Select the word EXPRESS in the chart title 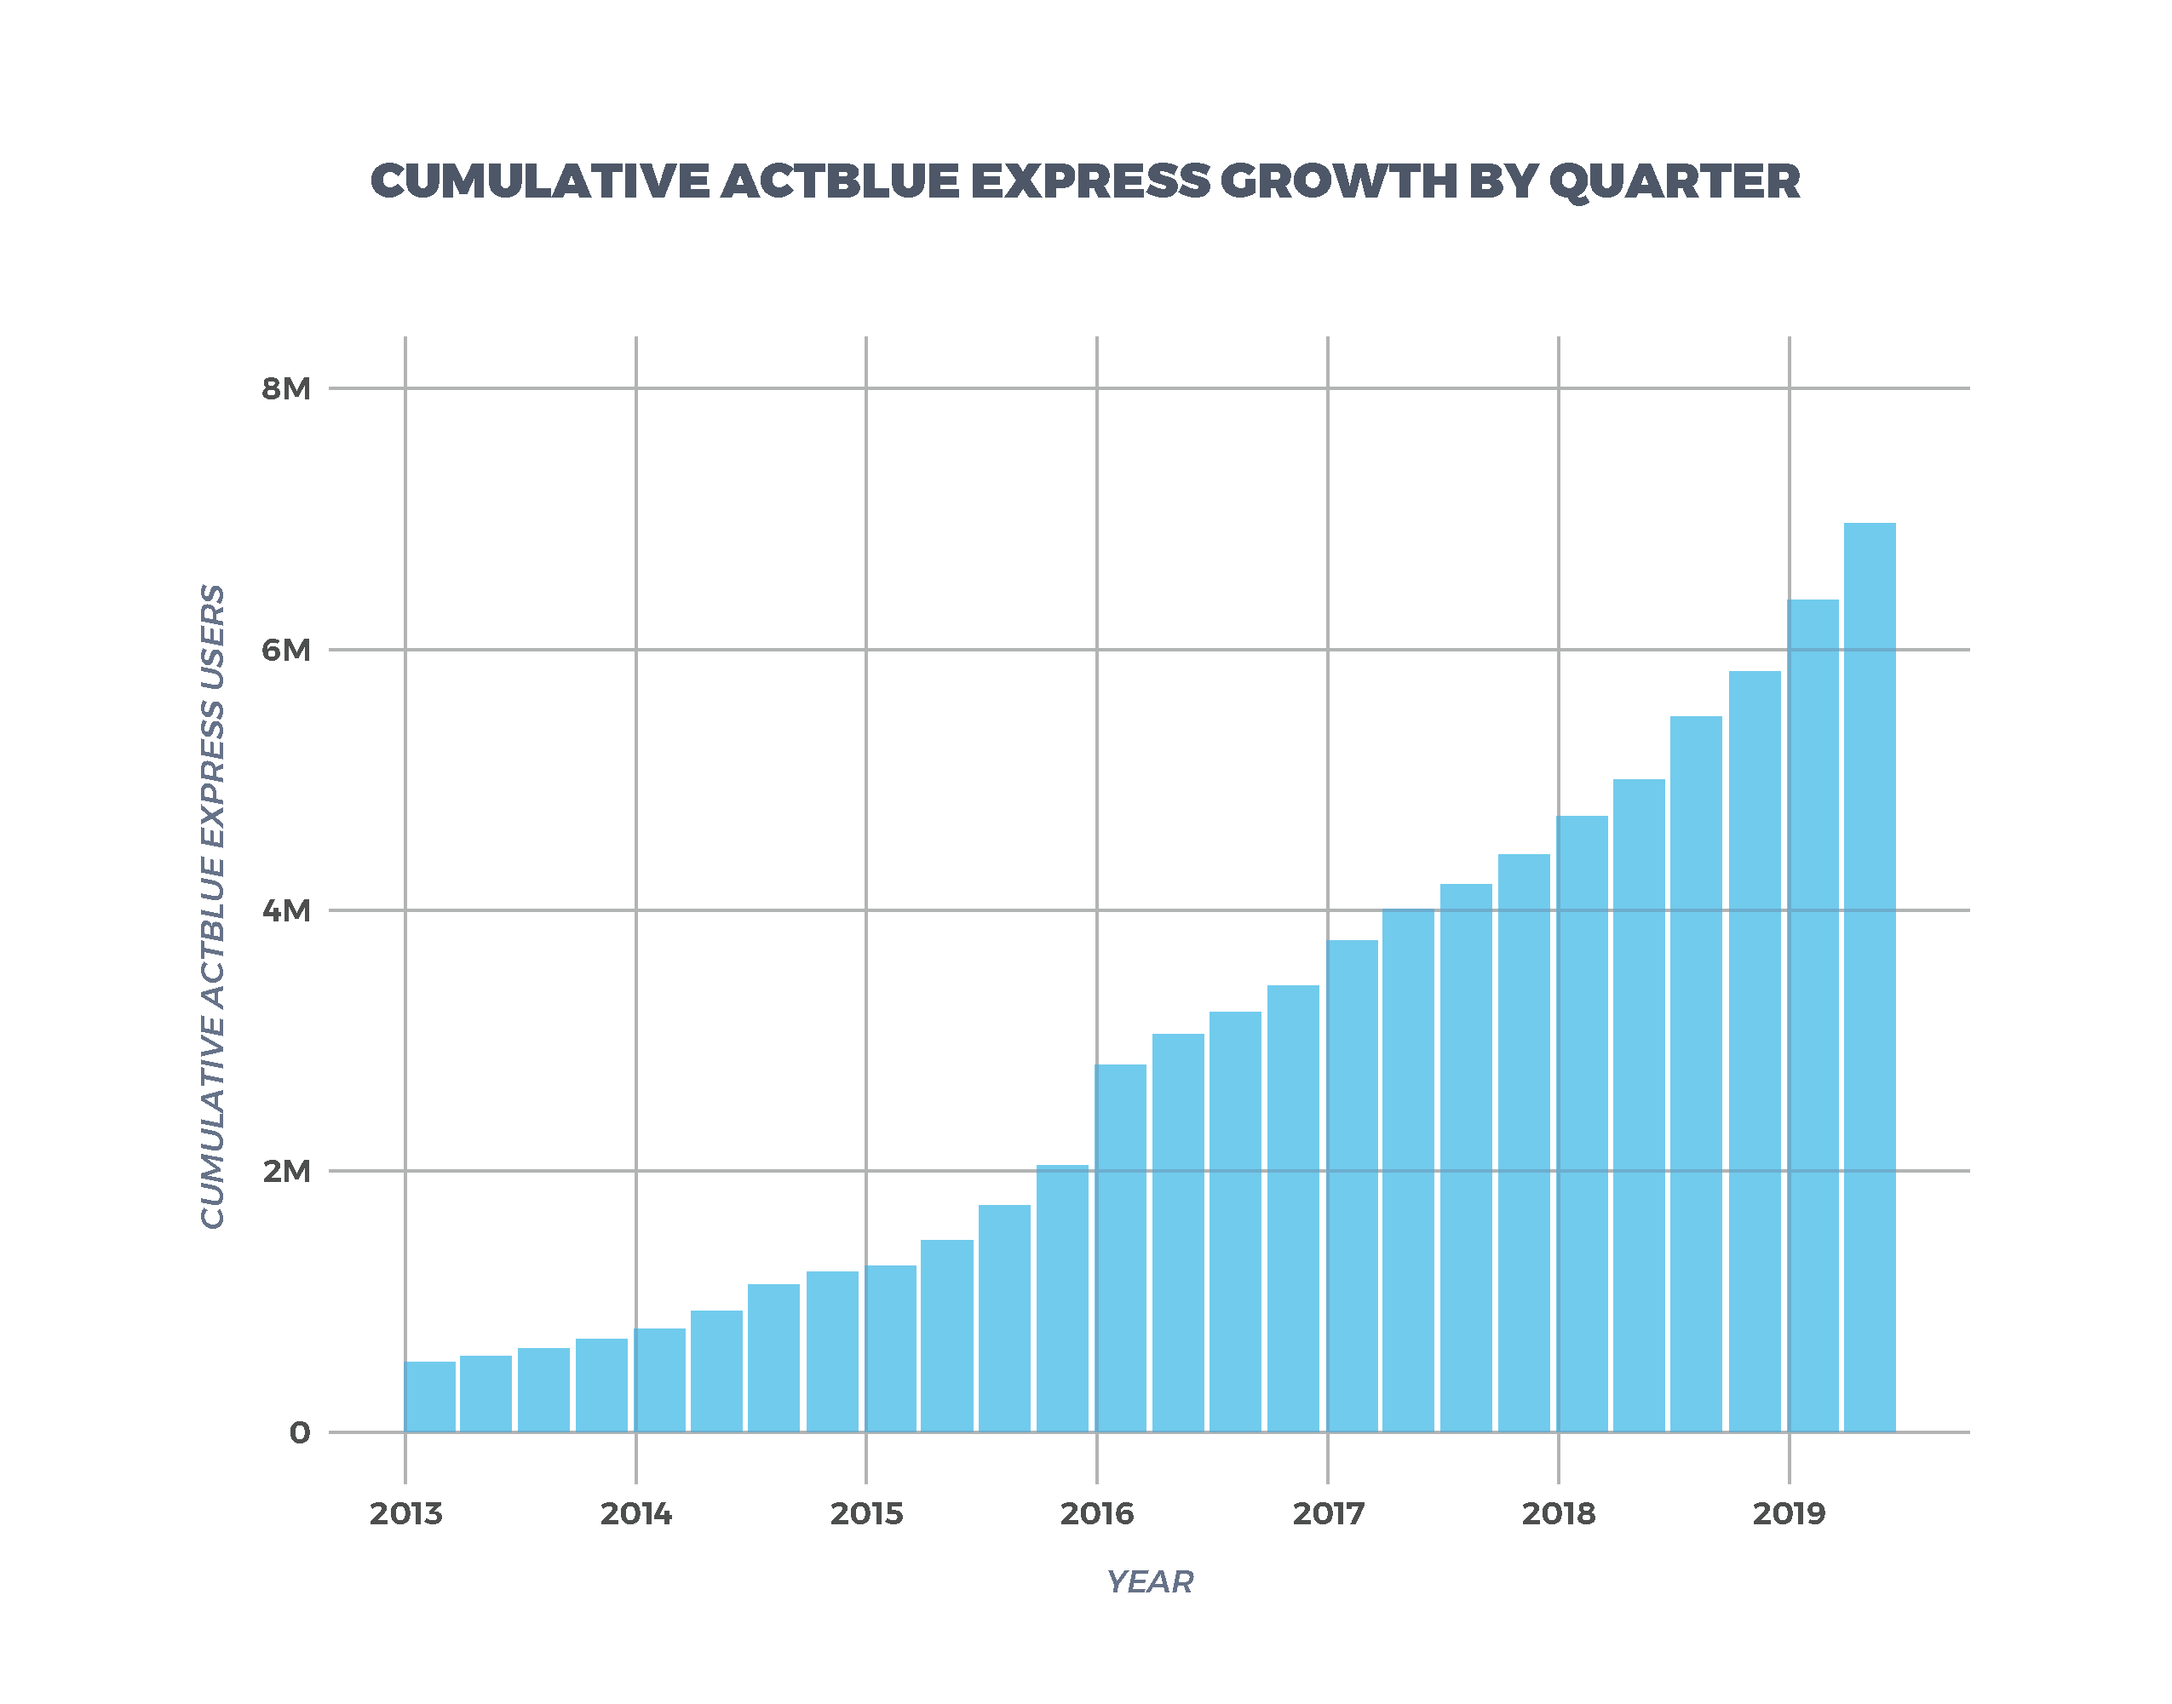[x=1089, y=181]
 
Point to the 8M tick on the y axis [x=285, y=389]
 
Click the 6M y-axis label [x=285, y=651]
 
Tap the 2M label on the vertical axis [x=285, y=1171]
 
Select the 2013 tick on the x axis [x=405, y=1514]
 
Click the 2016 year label [x=1096, y=1514]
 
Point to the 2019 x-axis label [x=1789, y=1514]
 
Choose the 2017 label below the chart [x=1328, y=1514]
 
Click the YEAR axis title [x=1149, y=1582]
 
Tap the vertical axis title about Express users [x=212, y=906]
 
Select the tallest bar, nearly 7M [x=1870, y=978]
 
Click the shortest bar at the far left [x=430, y=1397]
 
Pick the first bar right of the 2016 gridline [x=1122, y=1247]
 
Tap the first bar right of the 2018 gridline [x=1583, y=1123]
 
